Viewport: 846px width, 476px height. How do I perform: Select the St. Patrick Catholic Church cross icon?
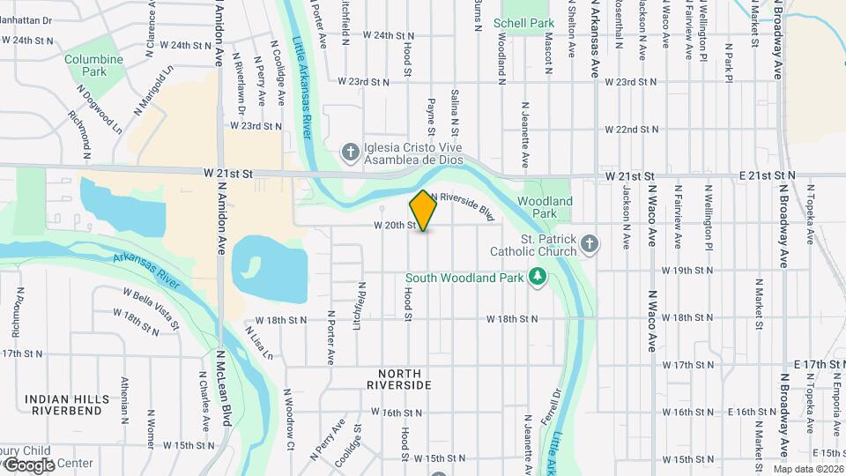590,243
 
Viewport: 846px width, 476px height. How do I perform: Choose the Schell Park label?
523,22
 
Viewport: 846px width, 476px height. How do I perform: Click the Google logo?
28,465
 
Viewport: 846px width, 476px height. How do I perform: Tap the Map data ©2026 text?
808,469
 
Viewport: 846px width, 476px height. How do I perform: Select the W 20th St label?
394,226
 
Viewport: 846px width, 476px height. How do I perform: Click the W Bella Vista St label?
152,307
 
